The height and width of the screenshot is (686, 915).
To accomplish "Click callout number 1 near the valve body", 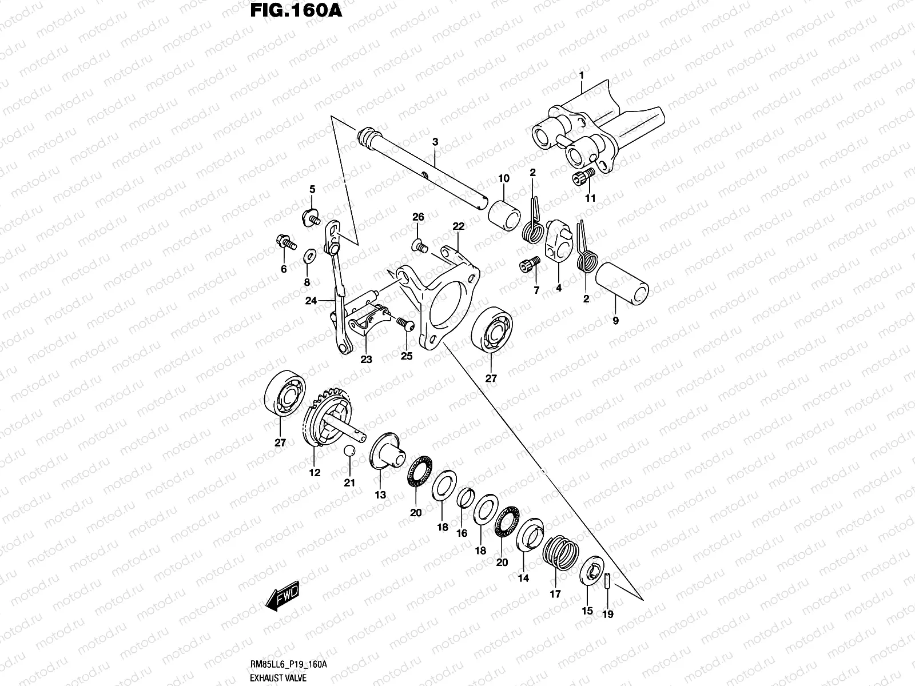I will click(x=581, y=75).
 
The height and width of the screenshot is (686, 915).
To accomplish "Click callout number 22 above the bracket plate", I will click(x=458, y=227).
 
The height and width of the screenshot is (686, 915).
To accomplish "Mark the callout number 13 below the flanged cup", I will click(x=380, y=494).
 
